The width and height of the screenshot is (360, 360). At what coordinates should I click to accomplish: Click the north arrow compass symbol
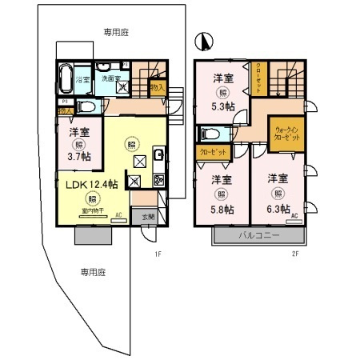206,40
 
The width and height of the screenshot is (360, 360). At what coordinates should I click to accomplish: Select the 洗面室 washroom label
110,78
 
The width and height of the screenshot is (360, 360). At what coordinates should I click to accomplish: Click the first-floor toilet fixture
86,106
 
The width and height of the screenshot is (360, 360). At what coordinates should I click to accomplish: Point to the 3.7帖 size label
78,157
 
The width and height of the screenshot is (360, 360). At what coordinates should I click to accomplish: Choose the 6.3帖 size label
278,210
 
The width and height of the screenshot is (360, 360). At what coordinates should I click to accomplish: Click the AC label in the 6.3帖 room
294,217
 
